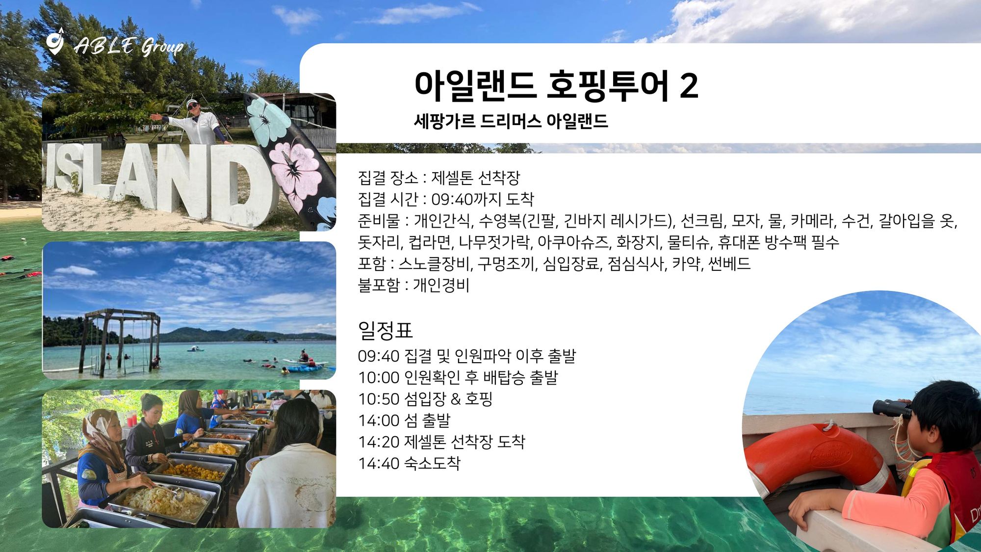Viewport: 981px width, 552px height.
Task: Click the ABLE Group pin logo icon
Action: [x=55, y=41]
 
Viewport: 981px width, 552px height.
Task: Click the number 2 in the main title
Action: [x=689, y=86]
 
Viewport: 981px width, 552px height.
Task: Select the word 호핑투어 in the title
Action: [x=608, y=86]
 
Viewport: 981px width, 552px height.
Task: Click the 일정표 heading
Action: [x=385, y=330]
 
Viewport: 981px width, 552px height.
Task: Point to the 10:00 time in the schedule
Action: [x=379, y=378]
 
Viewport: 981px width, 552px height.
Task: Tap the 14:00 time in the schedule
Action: [x=379, y=421]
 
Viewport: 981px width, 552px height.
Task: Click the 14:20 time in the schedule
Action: [x=379, y=442]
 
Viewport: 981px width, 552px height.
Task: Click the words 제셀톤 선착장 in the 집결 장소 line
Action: [x=475, y=178]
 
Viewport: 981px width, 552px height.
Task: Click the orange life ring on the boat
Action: [x=819, y=459]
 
